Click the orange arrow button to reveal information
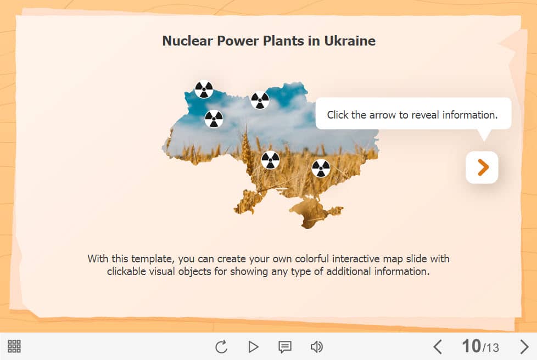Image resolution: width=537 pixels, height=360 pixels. (x=482, y=167)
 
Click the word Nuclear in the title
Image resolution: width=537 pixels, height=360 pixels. (x=187, y=41)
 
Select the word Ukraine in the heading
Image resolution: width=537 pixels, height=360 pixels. (x=350, y=41)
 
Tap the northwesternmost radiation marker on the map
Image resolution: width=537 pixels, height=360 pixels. (x=204, y=89)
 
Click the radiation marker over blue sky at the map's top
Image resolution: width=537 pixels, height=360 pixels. (x=260, y=100)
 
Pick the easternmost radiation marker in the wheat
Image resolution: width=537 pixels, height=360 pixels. (x=321, y=168)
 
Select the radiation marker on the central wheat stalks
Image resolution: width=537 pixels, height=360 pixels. (x=271, y=160)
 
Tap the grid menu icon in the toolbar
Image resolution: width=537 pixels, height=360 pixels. (x=14, y=346)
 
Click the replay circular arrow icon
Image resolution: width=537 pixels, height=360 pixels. (x=221, y=347)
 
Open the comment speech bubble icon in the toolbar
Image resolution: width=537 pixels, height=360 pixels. (x=285, y=347)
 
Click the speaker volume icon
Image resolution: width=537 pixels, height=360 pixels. (x=317, y=347)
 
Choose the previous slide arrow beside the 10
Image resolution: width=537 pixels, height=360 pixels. (x=437, y=347)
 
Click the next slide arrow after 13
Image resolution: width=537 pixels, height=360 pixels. (x=524, y=347)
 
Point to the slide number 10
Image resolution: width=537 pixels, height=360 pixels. (x=471, y=346)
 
